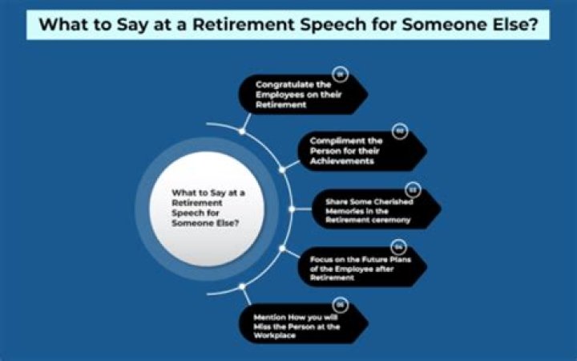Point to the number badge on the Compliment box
pyautogui.click(x=398, y=130)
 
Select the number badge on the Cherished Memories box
pyautogui.click(x=414, y=189)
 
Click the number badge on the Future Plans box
pyautogui.click(x=397, y=246)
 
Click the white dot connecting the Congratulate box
pyautogui.click(x=241, y=130)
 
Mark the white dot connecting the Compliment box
pyautogui.click(x=282, y=169)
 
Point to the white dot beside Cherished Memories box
pyautogui.click(x=293, y=209)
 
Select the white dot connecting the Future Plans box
pyautogui.click(x=282, y=249)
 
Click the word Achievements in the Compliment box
pyautogui.click(x=343, y=161)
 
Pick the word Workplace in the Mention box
pyautogui.click(x=274, y=335)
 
